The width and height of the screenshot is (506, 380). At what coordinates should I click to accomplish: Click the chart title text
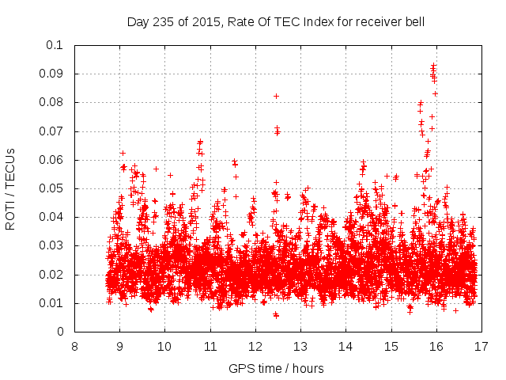276,22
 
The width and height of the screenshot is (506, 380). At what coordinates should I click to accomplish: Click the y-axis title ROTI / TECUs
11,188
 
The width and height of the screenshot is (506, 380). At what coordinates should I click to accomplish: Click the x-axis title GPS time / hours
276,368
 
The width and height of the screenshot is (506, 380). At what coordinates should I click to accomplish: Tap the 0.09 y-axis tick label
53,74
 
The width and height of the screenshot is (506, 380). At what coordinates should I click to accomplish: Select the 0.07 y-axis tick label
53,131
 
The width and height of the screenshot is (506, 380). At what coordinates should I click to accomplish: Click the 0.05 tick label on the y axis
53,188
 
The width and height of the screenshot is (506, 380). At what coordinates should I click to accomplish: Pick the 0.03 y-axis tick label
53,246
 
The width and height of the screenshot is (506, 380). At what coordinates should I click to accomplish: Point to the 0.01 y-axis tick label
53,303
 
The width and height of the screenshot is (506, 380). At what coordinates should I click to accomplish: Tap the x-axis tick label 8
74,347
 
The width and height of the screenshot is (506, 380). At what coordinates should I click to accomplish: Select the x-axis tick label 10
164,347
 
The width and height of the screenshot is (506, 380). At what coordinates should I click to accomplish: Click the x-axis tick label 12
255,347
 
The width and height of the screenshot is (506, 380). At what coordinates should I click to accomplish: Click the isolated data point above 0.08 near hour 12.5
276,96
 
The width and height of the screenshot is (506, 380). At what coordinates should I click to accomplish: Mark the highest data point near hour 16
433,65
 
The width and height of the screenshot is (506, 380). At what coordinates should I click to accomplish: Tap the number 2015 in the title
204,22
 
